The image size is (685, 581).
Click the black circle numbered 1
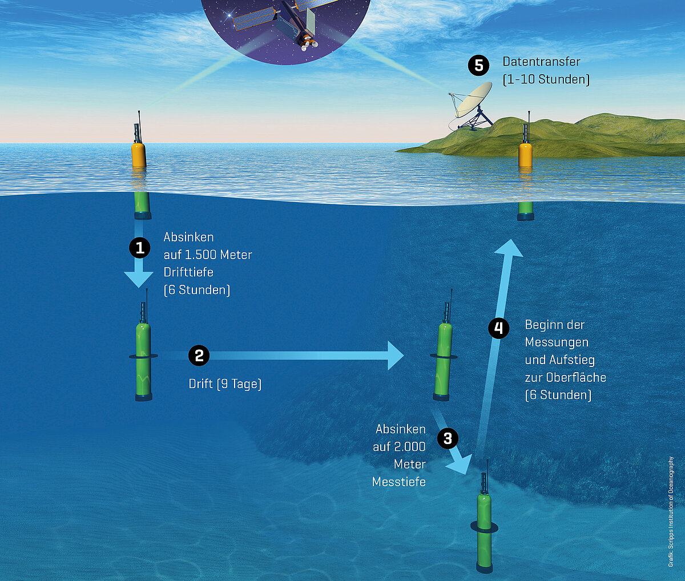[x=139, y=248]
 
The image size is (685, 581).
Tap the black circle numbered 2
[x=199, y=356]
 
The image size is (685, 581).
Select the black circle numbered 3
[x=448, y=438]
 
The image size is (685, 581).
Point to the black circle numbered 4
[x=499, y=328]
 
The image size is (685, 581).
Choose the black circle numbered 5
[x=478, y=65]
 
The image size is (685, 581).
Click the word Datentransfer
[x=542, y=62]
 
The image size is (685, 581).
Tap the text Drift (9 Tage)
[x=225, y=384]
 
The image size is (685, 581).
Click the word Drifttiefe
[x=188, y=272]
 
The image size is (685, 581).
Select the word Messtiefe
[x=398, y=482]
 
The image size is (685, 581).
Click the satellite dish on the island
[x=470, y=106]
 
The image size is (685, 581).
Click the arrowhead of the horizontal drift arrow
[x=396, y=356]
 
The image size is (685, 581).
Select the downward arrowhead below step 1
[x=139, y=279]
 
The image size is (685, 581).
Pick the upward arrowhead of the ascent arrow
[x=509, y=248]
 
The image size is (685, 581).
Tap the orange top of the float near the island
[x=525, y=154]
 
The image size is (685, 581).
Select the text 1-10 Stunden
[x=546, y=79]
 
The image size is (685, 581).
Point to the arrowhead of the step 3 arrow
[x=461, y=464]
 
